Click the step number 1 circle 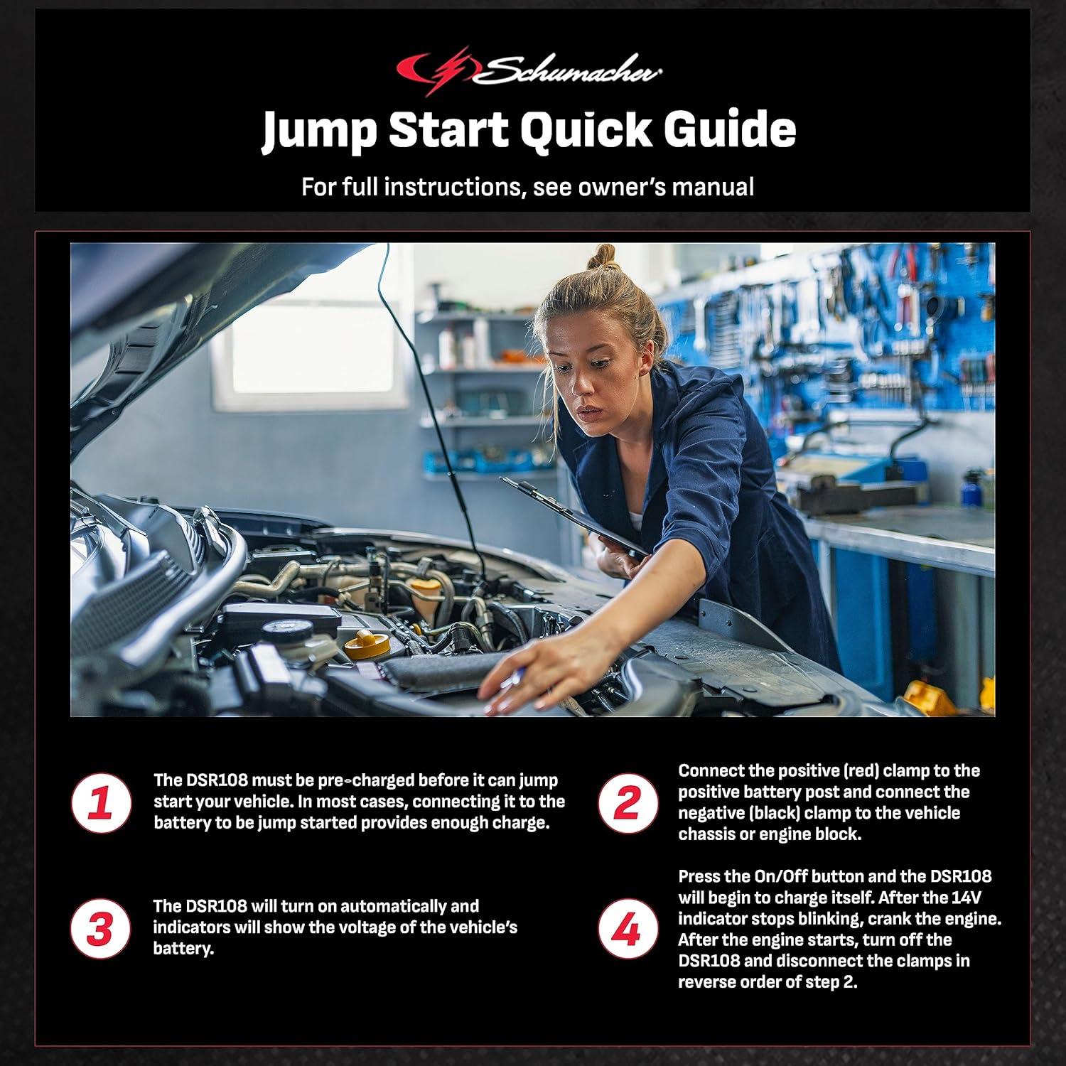[101, 803]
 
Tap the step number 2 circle [627, 803]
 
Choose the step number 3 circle [101, 929]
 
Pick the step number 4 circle [627, 929]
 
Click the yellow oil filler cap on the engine [367, 644]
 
